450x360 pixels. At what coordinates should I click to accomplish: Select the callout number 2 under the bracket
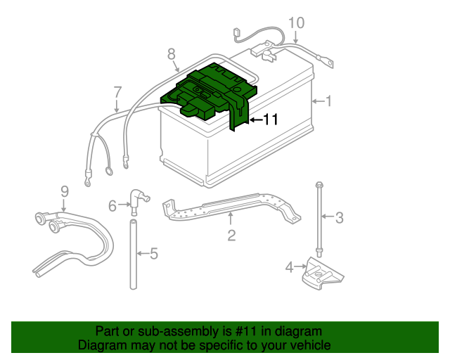(x=231, y=235)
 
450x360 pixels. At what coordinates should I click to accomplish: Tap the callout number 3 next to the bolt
(x=339, y=218)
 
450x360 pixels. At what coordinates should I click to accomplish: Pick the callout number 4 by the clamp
(x=289, y=266)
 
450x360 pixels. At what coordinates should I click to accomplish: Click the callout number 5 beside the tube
(x=155, y=253)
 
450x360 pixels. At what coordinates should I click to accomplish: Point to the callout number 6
(x=112, y=205)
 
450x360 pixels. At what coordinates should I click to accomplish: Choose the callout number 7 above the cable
(x=117, y=91)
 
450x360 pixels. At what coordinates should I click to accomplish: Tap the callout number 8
(x=171, y=53)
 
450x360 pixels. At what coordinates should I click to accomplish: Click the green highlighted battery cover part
(x=211, y=91)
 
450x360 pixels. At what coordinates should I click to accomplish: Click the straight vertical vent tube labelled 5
(x=132, y=253)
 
